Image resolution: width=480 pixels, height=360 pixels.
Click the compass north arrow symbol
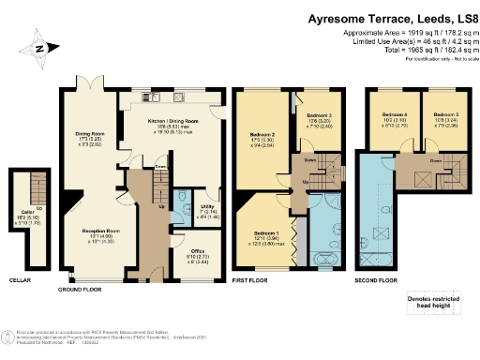coord(38,49)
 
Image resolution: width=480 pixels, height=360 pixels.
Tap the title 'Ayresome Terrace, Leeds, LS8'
coord(385,17)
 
